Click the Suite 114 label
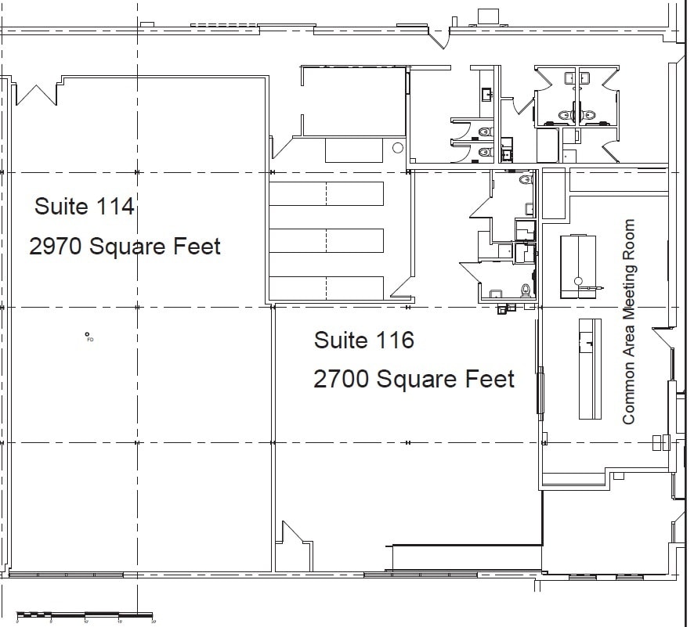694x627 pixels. coord(85,207)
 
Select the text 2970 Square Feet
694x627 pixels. coord(125,247)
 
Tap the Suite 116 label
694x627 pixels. coord(364,341)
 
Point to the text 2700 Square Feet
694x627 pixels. coord(414,380)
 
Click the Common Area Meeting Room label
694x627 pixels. coord(629,322)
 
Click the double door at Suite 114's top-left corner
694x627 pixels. coord(36,92)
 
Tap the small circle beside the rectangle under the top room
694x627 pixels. coord(397,147)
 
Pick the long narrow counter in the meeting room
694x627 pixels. coord(590,368)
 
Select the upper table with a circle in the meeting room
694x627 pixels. coord(578,265)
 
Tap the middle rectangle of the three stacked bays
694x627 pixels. coord(327,240)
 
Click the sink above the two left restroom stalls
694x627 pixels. coord(487,95)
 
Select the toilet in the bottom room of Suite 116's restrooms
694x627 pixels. coord(526,290)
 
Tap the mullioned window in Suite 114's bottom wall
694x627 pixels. coord(141,575)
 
